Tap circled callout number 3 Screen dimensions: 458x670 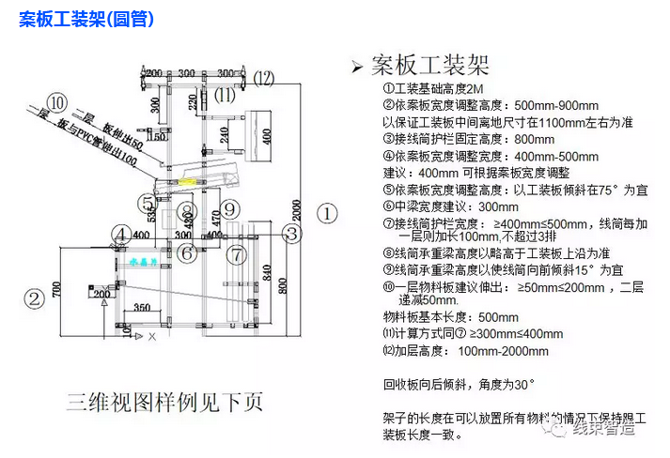coord(293,234)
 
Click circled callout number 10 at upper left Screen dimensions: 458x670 coord(58,101)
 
